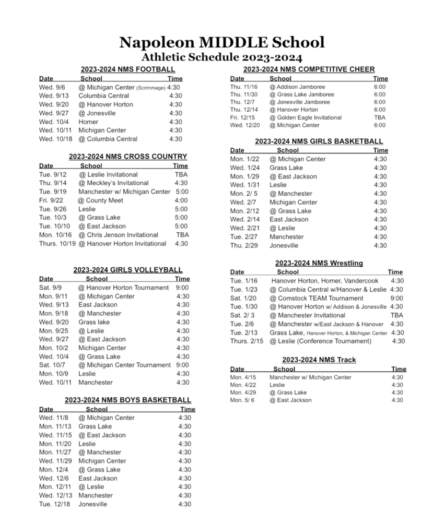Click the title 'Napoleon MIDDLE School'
tap(221, 42)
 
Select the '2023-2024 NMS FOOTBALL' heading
tap(127, 69)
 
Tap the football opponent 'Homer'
tap(88, 122)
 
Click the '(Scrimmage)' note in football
tap(151, 88)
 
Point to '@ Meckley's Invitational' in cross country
tap(113, 183)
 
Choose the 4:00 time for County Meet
tap(181, 200)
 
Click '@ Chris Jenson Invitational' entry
tap(118, 235)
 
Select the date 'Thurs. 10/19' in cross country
tap(57, 243)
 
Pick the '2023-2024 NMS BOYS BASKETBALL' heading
tap(127, 400)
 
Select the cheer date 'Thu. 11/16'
tap(243, 87)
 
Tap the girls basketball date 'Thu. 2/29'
tap(243, 245)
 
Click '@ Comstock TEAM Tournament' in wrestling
tap(316, 298)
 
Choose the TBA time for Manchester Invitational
tap(396, 315)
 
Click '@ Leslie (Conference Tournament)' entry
tap(320, 341)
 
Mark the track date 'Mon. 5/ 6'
tap(242, 400)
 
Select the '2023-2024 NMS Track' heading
tap(319, 360)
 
